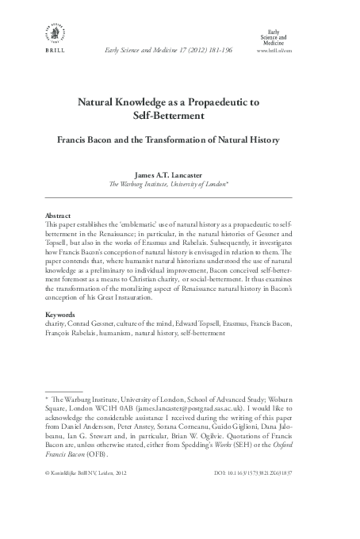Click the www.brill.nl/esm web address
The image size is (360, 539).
click(x=274, y=49)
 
